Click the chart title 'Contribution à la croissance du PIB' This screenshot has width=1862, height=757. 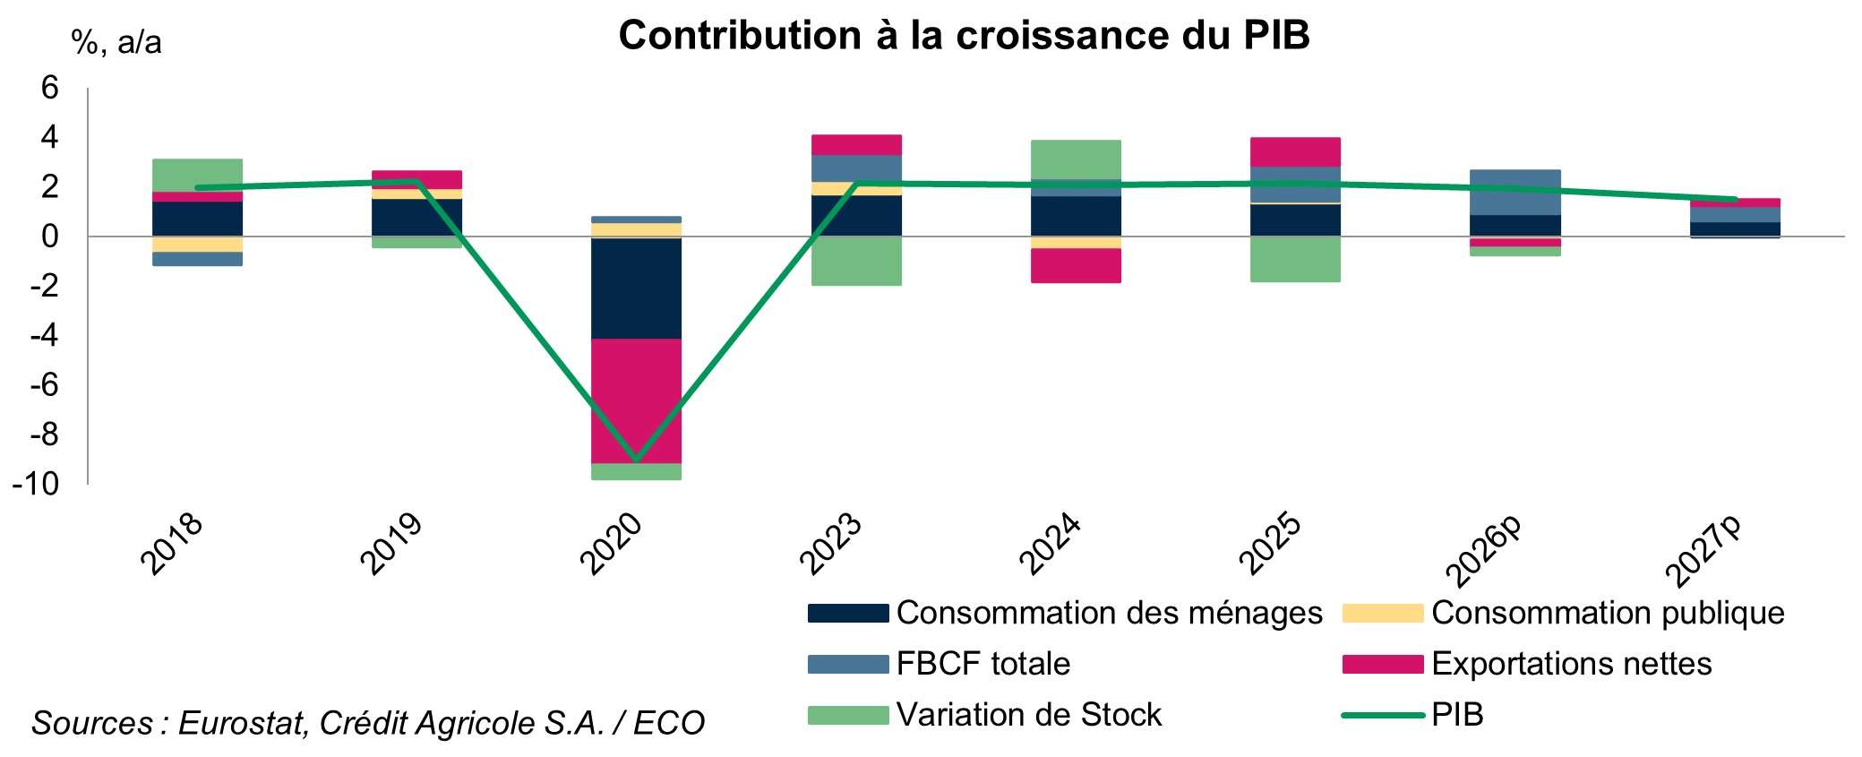[x=964, y=36]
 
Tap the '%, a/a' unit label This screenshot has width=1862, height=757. [x=116, y=41]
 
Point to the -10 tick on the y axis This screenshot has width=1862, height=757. [x=35, y=485]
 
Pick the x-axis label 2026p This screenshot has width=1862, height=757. [x=1484, y=549]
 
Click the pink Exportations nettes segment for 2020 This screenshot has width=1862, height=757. [x=636, y=400]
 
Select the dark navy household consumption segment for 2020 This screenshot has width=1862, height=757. [x=636, y=288]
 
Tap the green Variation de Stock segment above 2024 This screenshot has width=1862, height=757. [x=1076, y=159]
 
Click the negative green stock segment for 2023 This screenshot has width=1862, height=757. [x=856, y=261]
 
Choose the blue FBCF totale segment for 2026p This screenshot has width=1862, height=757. [x=1515, y=193]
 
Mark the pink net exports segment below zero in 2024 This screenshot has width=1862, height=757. [x=1076, y=265]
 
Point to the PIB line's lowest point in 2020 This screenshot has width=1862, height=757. [x=636, y=460]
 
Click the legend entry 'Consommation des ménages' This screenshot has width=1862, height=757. [x=1108, y=613]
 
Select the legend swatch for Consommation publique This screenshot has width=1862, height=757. [x=1382, y=613]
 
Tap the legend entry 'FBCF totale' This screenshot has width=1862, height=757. [x=982, y=664]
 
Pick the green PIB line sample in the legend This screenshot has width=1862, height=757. [x=1382, y=715]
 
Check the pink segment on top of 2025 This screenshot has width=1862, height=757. [x=1295, y=151]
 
